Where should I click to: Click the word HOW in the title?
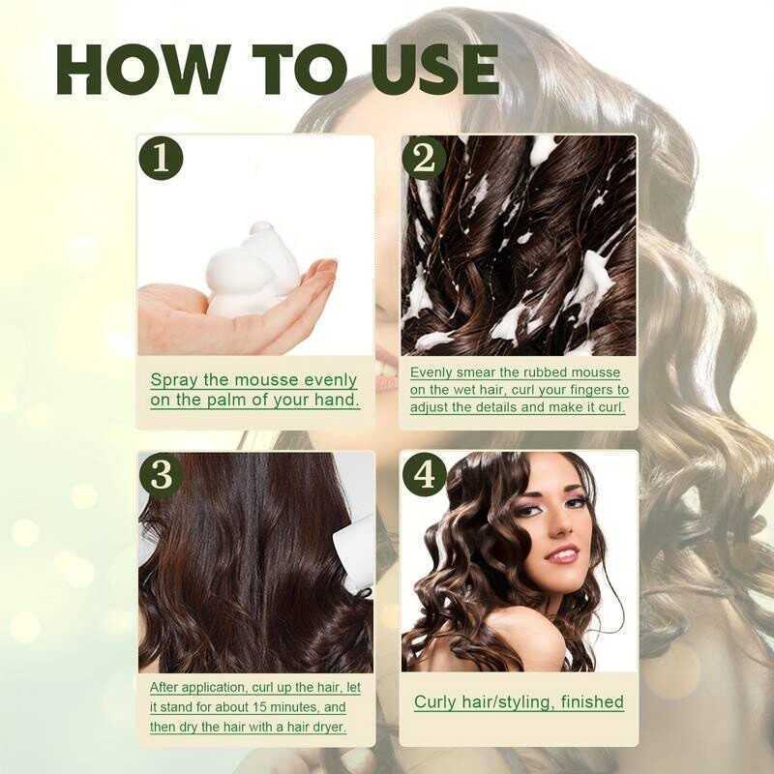pos(143,70)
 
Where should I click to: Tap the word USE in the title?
pos(434,70)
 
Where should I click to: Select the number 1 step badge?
pos(162,159)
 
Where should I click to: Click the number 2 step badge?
pos(424,159)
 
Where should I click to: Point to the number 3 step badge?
pos(162,475)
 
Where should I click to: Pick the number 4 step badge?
pos(424,475)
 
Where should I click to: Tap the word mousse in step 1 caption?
pos(266,380)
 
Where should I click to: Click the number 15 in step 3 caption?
pos(259,707)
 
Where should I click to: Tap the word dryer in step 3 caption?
pos(328,728)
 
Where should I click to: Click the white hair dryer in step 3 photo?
pos(353,552)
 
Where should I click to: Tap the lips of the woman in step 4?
pos(562,554)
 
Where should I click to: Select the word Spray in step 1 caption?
pos(174,381)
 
